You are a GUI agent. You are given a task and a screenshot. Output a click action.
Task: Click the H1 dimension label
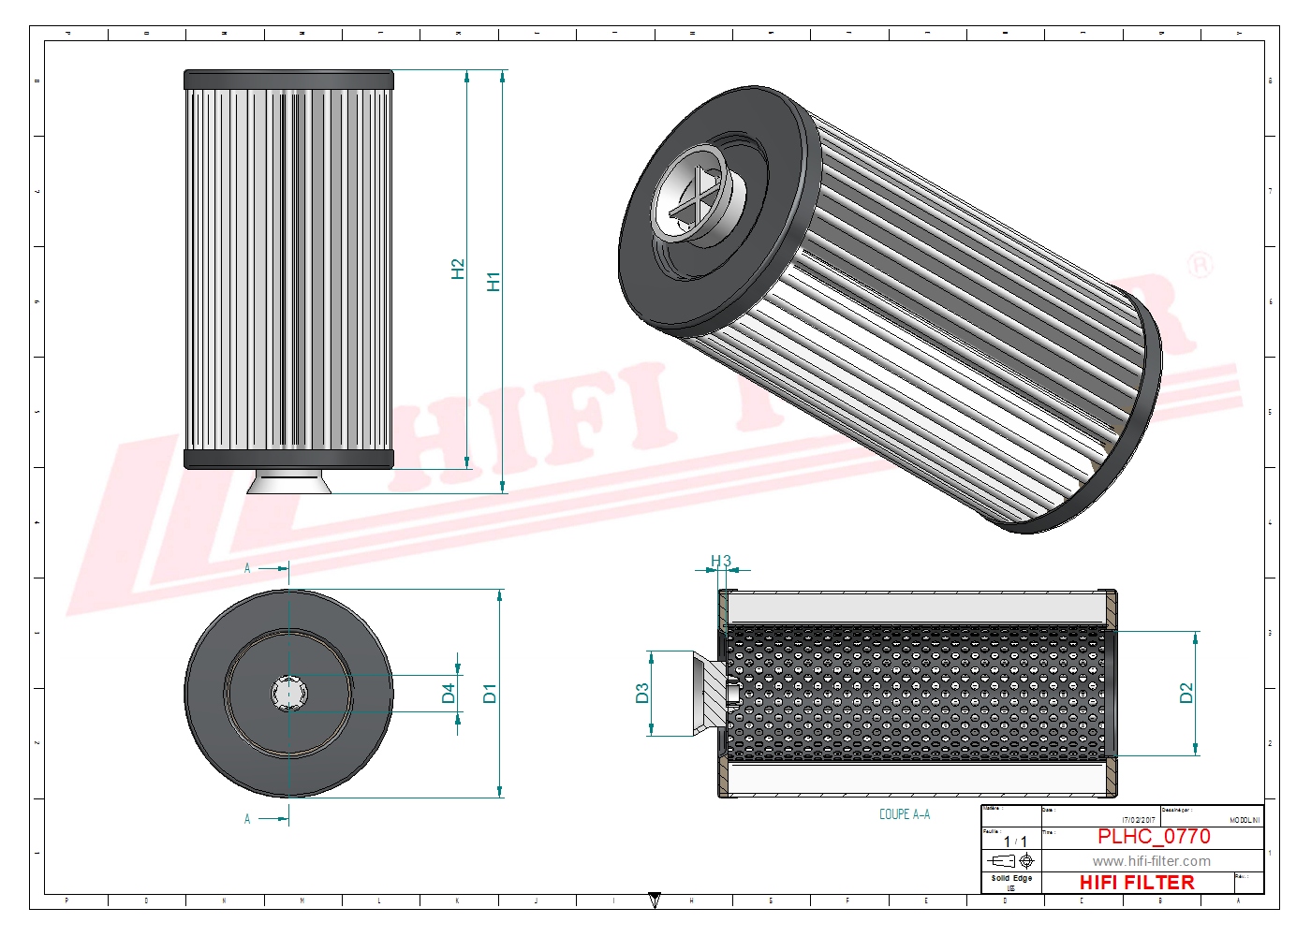coord(493,281)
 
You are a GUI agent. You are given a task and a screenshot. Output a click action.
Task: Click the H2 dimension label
coord(457,270)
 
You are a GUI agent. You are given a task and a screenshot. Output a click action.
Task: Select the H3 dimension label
coord(720,562)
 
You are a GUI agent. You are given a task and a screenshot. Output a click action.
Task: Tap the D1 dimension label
coord(489,694)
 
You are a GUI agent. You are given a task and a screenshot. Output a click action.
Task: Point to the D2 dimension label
coord(1186,694)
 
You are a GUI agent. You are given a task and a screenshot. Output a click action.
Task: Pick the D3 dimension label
coord(641,694)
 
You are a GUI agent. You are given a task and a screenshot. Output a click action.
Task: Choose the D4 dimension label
coord(449,694)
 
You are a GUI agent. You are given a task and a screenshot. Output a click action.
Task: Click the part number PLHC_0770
coord(1154,837)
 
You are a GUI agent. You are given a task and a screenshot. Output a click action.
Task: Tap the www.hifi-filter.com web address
coord(1151,861)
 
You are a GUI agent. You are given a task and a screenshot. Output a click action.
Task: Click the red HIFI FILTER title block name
coord(1137,883)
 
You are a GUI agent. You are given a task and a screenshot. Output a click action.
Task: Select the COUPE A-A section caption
coord(904,814)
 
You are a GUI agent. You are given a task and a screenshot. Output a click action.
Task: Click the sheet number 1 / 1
coord(1015,842)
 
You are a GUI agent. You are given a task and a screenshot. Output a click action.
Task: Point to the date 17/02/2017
coord(1139,820)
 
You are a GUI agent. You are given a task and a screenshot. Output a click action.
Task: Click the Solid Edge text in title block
coord(1011,878)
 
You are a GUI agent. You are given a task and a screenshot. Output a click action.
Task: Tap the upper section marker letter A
coord(247,568)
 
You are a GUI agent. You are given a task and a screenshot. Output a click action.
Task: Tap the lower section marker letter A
coord(247,819)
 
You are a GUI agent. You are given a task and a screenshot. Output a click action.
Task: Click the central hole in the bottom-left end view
coord(288,694)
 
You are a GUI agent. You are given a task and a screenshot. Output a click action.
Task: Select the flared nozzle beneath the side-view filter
coord(289,481)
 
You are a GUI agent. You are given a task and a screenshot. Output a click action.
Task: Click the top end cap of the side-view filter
coord(288,80)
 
